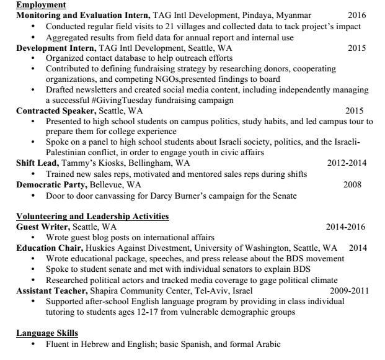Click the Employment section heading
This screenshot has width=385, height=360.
(40, 4)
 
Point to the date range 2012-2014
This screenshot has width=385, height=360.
(347, 164)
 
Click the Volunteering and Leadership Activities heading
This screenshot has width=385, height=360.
(92, 217)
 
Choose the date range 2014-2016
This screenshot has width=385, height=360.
(346, 227)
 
